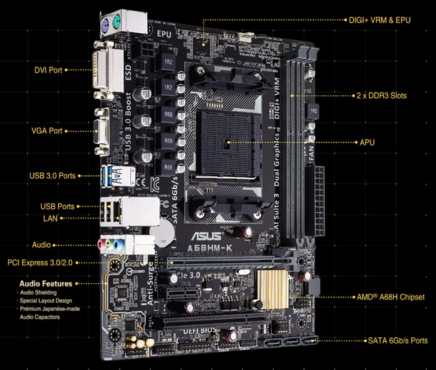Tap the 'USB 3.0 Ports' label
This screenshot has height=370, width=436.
(x=52, y=175)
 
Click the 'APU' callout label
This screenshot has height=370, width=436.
(x=367, y=144)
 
